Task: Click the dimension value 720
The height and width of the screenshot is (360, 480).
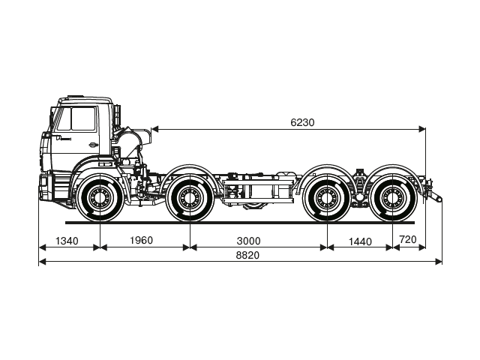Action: pyautogui.click(x=408, y=240)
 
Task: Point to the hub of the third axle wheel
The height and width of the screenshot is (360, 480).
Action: pyautogui.click(x=326, y=199)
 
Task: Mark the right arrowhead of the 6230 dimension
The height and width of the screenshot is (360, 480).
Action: pyautogui.click(x=422, y=129)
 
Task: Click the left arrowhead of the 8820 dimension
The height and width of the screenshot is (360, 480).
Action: pyautogui.click(x=42, y=261)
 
